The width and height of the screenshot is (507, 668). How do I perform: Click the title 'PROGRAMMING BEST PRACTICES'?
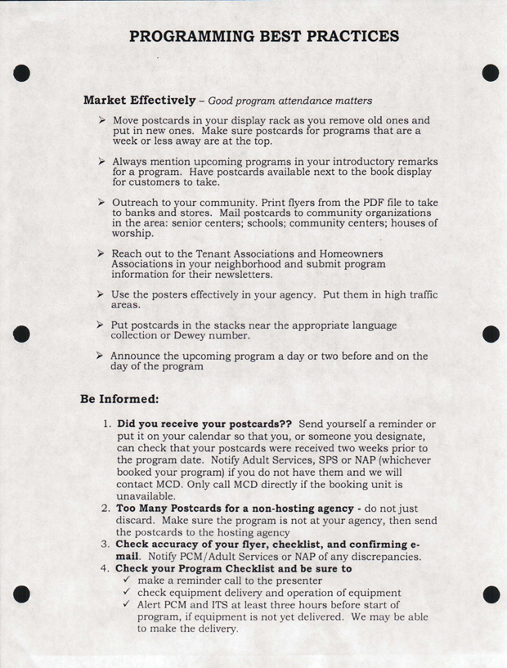point(264,36)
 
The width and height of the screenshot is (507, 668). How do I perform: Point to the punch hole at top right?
point(490,72)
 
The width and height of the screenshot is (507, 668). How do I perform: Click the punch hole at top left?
point(22,72)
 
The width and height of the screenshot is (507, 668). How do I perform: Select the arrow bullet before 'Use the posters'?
point(101,293)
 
